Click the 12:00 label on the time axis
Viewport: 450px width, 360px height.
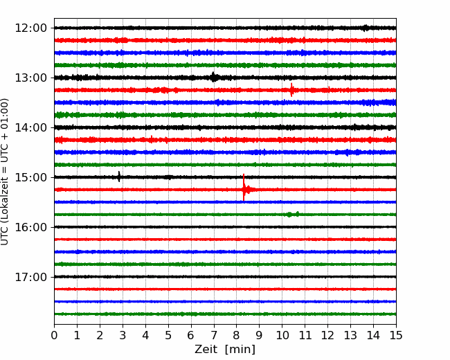tap(30, 28)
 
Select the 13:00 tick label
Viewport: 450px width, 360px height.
tap(30, 78)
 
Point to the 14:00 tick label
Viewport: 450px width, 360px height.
tap(30, 127)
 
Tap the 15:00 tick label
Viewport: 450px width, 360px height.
tap(30, 177)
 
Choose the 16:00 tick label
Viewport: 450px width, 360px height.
tap(30, 227)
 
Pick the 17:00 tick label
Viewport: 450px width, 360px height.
tap(30, 277)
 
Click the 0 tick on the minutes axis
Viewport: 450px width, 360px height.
tap(54, 335)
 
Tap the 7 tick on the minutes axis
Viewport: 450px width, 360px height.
tap(214, 335)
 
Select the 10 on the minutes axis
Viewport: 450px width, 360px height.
tap(282, 335)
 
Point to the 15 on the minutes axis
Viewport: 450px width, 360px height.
tap(396, 335)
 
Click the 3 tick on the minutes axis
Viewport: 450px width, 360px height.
tap(123, 335)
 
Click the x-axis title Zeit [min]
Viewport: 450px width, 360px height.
tap(225, 350)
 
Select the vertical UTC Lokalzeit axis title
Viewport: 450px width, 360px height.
tap(5, 172)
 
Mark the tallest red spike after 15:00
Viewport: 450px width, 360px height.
tap(244, 188)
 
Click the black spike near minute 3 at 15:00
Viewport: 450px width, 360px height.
tap(119, 177)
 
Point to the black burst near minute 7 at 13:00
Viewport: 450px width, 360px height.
tap(213, 77)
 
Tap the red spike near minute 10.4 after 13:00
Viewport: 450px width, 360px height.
tap(291, 90)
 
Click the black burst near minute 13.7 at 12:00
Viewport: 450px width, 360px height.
tap(366, 28)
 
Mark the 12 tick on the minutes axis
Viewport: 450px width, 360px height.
tap(327, 335)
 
